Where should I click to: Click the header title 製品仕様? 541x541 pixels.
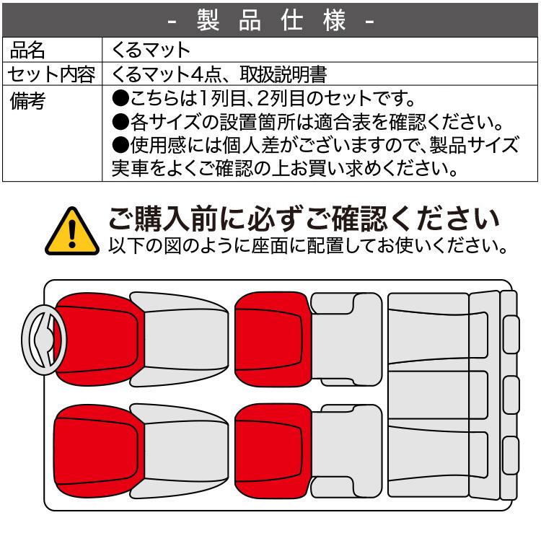[x=270, y=20]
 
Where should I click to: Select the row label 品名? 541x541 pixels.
[x=29, y=50]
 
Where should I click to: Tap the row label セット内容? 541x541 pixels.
[x=50, y=74]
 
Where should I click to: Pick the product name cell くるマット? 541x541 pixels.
[x=151, y=50]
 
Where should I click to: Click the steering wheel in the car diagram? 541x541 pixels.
[x=43, y=339]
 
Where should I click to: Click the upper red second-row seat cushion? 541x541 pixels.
[x=270, y=338]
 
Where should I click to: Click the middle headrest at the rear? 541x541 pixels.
[x=511, y=393]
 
